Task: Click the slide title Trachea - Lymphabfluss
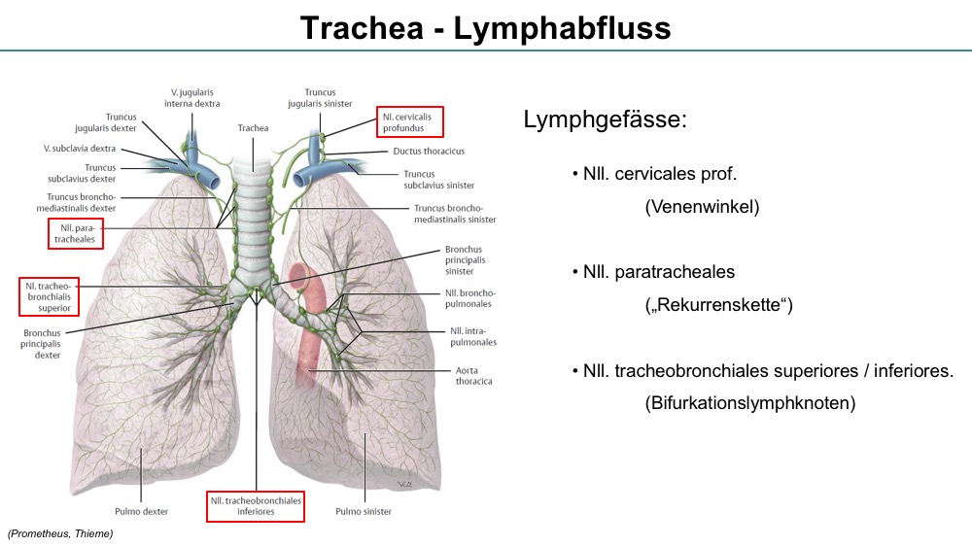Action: (485, 28)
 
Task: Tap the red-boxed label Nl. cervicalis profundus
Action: (410, 122)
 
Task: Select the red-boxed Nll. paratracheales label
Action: (76, 233)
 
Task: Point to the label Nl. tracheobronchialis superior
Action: (49, 296)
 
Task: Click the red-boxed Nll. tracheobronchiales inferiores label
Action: (256, 506)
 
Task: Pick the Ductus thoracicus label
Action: (429, 152)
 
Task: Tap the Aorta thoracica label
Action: (473, 375)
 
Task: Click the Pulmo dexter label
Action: (141, 511)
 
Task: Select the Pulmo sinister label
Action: (364, 511)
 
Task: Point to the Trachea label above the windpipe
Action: (253, 127)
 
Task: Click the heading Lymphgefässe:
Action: (605, 119)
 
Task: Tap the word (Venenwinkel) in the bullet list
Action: (702, 206)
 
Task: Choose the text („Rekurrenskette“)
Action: (718, 304)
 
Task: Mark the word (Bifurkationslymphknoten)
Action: (750, 402)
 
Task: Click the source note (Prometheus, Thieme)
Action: (60, 533)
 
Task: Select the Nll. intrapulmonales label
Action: (473, 336)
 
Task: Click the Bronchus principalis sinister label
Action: (465, 260)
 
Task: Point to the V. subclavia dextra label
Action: (80, 149)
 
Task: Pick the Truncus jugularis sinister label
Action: (320, 98)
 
